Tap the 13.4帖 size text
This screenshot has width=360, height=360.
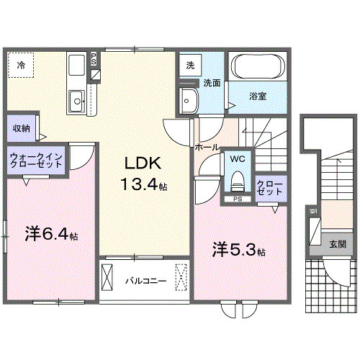coord(143,185)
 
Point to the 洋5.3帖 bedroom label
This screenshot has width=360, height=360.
coord(238,251)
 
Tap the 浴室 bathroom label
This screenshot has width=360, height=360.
coord(258,96)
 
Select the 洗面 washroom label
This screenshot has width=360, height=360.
coord(211,83)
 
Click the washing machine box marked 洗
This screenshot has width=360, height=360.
coord(190,65)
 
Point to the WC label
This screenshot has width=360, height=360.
coord(238,156)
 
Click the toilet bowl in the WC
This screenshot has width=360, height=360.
coord(238,179)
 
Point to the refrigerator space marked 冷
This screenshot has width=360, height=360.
coord(21,66)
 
